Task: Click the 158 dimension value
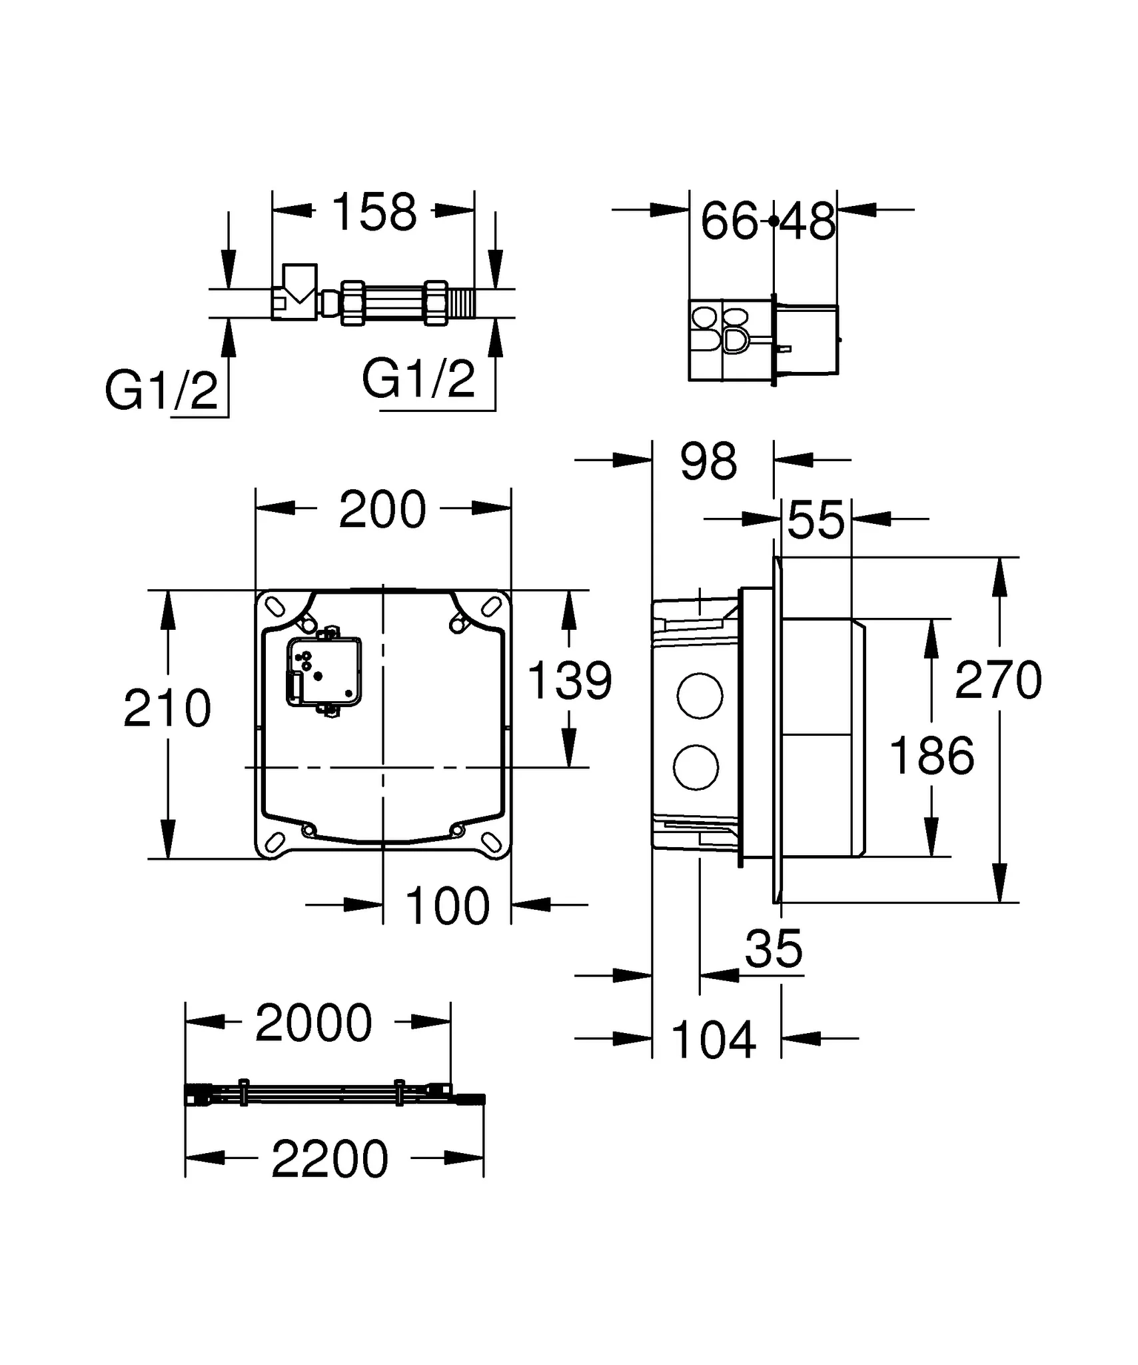(x=374, y=212)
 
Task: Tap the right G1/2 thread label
(x=418, y=379)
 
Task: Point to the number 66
(x=729, y=221)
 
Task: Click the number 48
(x=808, y=221)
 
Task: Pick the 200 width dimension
(x=382, y=510)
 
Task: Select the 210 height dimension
(x=167, y=708)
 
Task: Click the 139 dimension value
(x=569, y=681)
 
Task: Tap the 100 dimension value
(x=447, y=906)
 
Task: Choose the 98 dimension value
(x=708, y=461)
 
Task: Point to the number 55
(x=816, y=521)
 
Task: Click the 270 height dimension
(x=997, y=680)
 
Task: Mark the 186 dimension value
(x=931, y=755)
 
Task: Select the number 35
(x=774, y=948)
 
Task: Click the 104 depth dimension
(x=714, y=1040)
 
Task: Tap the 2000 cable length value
(x=313, y=1023)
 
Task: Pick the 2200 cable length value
(x=330, y=1160)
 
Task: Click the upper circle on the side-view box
(x=699, y=696)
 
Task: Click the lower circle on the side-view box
(x=696, y=768)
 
